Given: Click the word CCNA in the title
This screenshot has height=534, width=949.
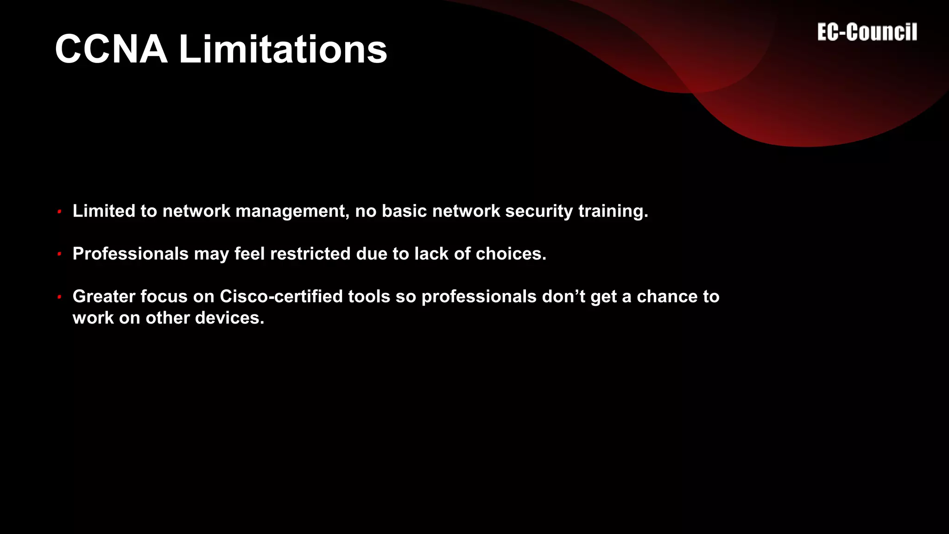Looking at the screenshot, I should (x=111, y=49).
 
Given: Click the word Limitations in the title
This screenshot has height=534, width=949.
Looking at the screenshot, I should (x=283, y=49).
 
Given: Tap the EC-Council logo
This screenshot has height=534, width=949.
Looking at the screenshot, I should (x=867, y=32).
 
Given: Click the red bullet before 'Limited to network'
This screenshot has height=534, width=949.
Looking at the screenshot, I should (x=59, y=212).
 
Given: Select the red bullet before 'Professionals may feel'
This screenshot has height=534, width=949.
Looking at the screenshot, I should (x=59, y=254).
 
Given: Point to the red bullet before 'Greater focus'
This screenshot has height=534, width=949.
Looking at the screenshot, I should (x=59, y=297).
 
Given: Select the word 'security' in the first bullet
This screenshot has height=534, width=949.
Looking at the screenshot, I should (x=539, y=211).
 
